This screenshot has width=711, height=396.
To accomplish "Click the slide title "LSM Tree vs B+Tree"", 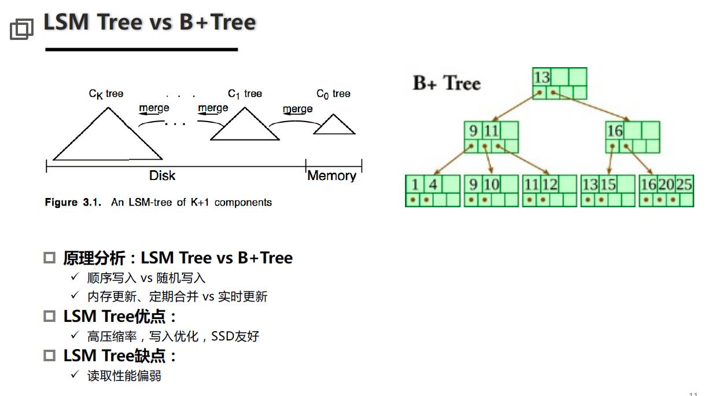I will coord(150,23).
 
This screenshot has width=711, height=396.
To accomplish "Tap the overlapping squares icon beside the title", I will coord(22,28).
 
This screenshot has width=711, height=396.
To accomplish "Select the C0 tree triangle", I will coord(334,126).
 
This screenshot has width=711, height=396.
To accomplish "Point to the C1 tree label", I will coord(245,94).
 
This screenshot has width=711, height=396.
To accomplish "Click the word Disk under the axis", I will coord(162,176).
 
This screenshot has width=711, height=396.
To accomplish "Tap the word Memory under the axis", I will coord(331,176).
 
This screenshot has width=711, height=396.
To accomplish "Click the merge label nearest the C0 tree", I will coord(298,109).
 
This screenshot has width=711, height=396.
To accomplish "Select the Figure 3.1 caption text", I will coord(159,202).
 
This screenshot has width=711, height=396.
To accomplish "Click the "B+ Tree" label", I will coord(447,83).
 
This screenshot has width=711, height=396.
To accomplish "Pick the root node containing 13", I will coord(559,83).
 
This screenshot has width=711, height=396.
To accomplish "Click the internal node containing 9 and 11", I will coord(491,137).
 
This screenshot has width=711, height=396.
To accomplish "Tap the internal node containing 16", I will coord(632,137).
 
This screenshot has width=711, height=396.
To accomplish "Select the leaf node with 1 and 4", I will coord(432,191).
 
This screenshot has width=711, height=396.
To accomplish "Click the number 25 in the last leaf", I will coord(684,185).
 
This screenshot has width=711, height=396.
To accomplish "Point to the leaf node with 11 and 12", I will coord(550,191).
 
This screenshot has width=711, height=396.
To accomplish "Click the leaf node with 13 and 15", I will coord(608,191).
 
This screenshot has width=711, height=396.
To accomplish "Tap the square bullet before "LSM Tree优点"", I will coord(50,317).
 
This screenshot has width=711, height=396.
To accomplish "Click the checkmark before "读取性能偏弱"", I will coord(74,375).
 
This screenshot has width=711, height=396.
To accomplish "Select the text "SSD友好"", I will coord(235,336).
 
